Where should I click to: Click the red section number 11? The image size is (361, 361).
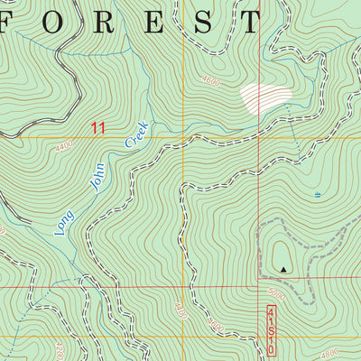coord(97,128)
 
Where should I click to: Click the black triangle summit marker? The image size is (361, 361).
coord(284,268)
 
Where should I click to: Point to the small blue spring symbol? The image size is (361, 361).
coord(318,194)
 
